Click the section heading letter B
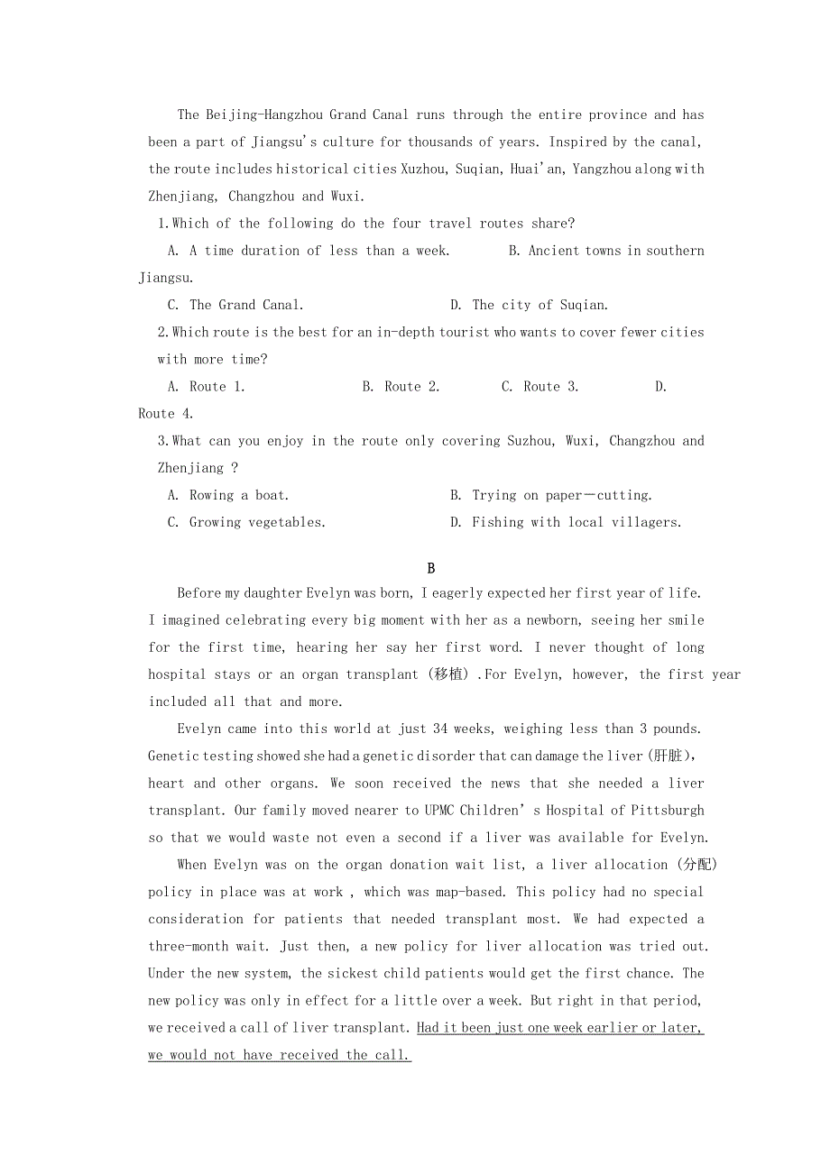pos(431,568)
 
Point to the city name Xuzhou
pos(423,169)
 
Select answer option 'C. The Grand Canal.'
pos(235,305)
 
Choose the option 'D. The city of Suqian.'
pos(529,305)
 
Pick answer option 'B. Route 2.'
pos(401,386)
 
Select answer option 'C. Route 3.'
pos(539,386)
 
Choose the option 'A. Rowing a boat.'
pos(228,495)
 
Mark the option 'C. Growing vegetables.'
pos(246,522)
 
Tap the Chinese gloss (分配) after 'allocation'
pos(696,865)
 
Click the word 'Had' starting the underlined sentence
pos(429,1027)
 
